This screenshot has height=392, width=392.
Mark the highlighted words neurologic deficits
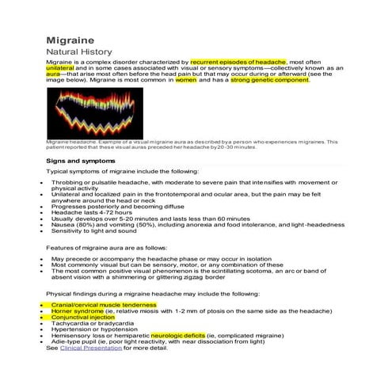(x=183, y=335)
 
